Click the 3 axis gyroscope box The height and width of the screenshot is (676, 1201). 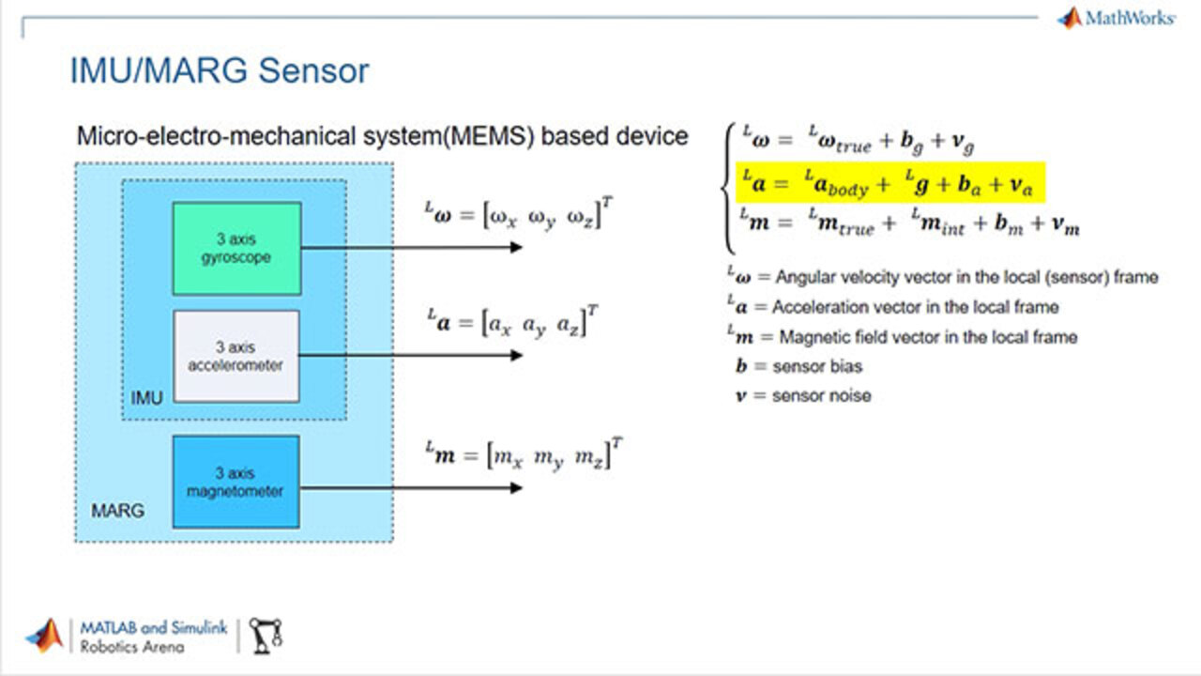(x=236, y=248)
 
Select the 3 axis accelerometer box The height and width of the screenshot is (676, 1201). (x=236, y=356)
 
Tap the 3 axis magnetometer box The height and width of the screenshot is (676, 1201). (x=236, y=481)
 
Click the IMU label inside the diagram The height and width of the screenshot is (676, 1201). (x=146, y=398)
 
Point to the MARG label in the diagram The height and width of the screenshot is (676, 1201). (x=117, y=512)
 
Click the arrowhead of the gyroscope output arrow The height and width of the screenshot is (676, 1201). (x=516, y=247)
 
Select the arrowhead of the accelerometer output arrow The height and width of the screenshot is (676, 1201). (x=516, y=355)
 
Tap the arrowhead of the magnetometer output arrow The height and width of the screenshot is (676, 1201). (x=516, y=487)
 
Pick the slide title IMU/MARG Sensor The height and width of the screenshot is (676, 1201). (x=220, y=71)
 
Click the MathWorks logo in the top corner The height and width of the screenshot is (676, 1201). (x=1116, y=18)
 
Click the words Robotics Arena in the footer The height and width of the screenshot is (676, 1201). (x=132, y=646)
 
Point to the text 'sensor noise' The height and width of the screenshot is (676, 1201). (x=821, y=395)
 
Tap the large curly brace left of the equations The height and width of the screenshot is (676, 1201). (x=728, y=188)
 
